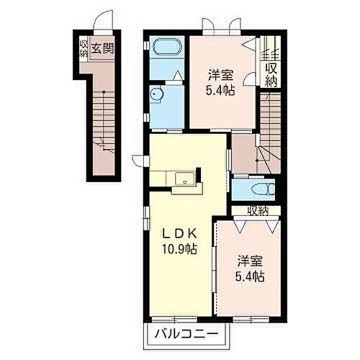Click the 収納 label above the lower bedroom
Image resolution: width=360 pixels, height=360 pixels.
click(257, 210)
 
